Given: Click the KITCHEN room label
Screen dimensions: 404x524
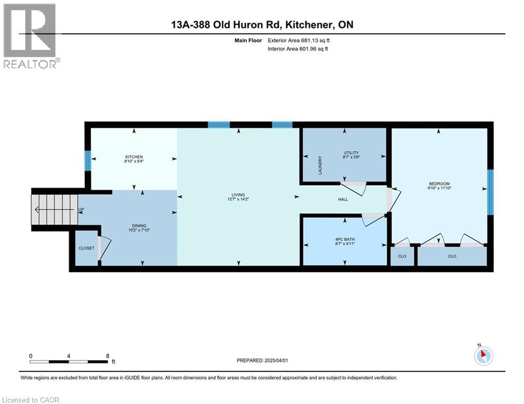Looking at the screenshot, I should click(x=134, y=157).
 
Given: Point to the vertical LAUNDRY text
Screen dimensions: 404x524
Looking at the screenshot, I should click(x=320, y=165).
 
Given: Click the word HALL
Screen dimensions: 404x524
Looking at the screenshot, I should click(x=343, y=199).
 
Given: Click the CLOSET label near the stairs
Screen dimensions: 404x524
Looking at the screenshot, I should click(x=86, y=248).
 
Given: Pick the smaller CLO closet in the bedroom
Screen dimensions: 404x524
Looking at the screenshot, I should click(x=402, y=256).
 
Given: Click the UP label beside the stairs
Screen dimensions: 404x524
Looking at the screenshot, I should click(x=81, y=209).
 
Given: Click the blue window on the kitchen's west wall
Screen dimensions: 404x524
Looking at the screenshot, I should click(x=88, y=160).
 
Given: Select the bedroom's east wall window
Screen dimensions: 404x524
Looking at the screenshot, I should click(x=490, y=192).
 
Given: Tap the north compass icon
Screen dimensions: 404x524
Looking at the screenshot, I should click(x=483, y=356).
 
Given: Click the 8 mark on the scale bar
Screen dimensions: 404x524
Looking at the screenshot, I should click(x=108, y=356).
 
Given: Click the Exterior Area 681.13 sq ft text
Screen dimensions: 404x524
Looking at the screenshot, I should click(x=299, y=40).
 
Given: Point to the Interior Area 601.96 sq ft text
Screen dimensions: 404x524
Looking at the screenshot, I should click(x=299, y=49).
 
